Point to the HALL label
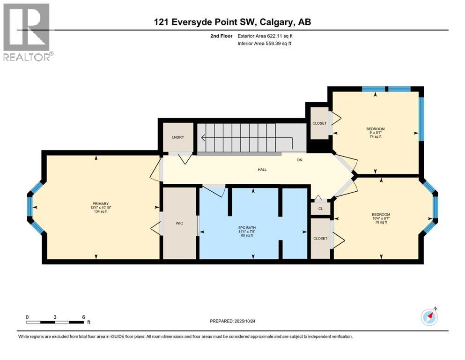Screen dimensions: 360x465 tap(262, 169)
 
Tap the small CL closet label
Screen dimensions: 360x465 tap(320, 209)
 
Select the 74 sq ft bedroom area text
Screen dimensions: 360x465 tap(375, 137)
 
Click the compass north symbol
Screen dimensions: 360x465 tap(429, 317)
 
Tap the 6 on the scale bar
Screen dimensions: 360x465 tap(83, 317)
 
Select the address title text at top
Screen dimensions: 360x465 tap(232, 22)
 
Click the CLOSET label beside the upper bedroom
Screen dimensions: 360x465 tap(319, 123)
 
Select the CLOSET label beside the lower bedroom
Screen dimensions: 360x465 tap(320, 238)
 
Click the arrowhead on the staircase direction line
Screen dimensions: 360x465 tap(203, 138)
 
